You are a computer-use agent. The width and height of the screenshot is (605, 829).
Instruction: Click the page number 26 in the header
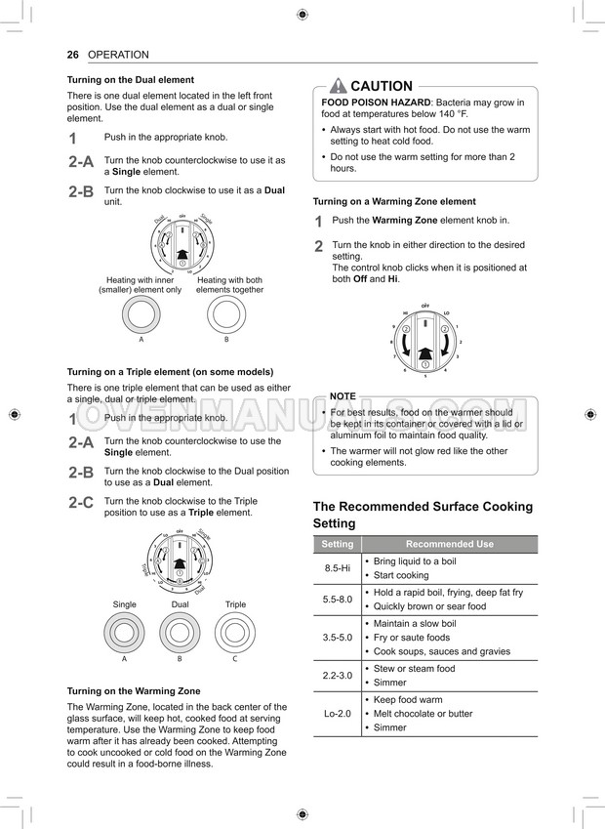click(72, 55)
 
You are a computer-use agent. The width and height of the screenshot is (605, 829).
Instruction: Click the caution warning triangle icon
click(338, 86)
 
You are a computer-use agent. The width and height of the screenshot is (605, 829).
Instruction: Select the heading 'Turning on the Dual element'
click(130, 80)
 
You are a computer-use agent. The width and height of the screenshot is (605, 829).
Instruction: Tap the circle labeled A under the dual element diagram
click(141, 315)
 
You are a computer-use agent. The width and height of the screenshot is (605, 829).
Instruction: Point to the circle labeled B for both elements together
click(226, 315)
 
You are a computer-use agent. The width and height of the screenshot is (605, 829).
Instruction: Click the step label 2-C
click(81, 503)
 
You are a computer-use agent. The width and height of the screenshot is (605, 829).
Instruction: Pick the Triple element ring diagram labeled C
click(235, 632)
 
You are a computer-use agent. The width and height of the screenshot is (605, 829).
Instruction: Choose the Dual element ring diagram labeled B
click(180, 632)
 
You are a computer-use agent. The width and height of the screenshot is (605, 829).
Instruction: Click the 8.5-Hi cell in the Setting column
click(338, 568)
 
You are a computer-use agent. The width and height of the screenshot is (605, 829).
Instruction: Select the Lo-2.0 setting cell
click(338, 714)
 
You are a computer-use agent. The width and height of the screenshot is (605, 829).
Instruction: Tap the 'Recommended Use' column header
click(450, 544)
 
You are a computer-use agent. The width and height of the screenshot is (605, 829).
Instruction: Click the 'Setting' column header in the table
click(338, 544)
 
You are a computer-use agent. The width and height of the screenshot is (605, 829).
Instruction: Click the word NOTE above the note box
click(343, 396)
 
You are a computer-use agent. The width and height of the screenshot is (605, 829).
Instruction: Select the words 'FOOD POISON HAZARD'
click(376, 103)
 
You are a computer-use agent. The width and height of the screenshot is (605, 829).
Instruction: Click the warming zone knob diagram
click(425, 342)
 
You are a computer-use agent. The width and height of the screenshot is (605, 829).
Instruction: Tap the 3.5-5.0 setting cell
click(338, 637)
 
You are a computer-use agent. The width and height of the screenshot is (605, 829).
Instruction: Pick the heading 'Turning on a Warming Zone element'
click(394, 201)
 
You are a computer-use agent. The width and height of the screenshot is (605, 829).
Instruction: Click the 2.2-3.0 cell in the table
click(338, 676)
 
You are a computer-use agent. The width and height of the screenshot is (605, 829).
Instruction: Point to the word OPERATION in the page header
click(118, 55)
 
